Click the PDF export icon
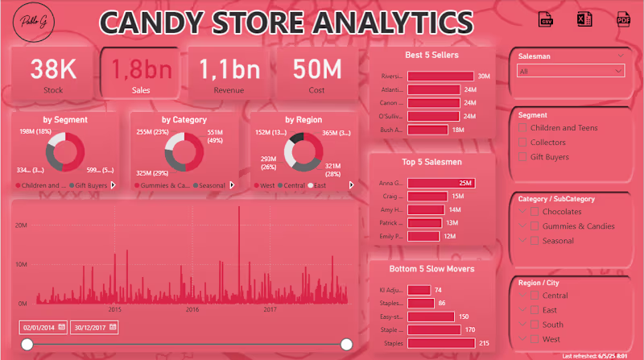[623, 20]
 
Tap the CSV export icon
[545, 20]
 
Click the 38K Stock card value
[53, 69]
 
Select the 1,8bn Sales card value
[142, 69]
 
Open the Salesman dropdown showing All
[572, 72]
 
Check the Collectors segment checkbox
[524, 143]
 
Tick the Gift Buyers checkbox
[524, 157]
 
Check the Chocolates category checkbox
[535, 212]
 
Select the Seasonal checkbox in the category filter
[535, 241]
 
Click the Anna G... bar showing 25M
[441, 184]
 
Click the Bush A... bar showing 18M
[427, 130]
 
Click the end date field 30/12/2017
[94, 327]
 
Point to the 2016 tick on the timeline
[192, 309]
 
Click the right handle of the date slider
[347, 345]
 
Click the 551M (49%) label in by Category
[215, 135]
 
